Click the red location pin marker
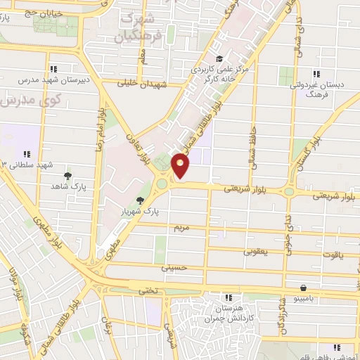point(181,165)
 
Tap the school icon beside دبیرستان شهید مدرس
point(53,69)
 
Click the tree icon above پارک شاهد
point(67,176)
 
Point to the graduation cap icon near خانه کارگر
point(219,59)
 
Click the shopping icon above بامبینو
point(303,287)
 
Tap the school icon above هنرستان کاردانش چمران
point(227,298)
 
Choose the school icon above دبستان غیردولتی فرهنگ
point(316,74)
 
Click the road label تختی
point(146,289)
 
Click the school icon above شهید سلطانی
point(27,153)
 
